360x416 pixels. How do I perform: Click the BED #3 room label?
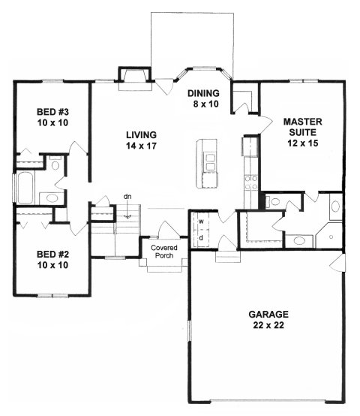tap(51, 119)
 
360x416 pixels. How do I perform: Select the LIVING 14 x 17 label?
tap(141, 140)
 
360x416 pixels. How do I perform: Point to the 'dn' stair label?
tap(127, 197)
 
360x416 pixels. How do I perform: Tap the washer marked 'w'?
tap(200, 222)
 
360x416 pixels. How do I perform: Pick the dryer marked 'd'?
tap(200, 238)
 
